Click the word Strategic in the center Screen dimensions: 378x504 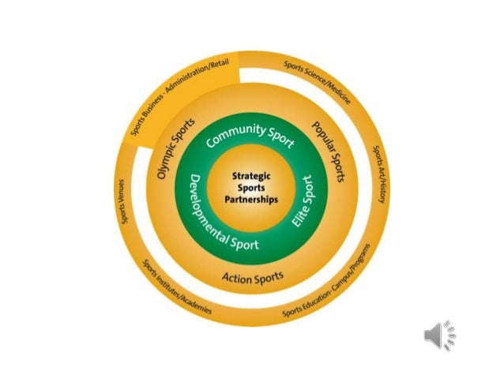(251, 178)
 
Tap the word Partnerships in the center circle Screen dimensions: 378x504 (251, 200)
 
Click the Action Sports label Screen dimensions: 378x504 (252, 278)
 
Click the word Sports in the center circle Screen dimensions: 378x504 (251, 189)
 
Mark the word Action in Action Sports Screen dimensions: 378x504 (235, 279)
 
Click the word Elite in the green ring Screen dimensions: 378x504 (299, 216)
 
